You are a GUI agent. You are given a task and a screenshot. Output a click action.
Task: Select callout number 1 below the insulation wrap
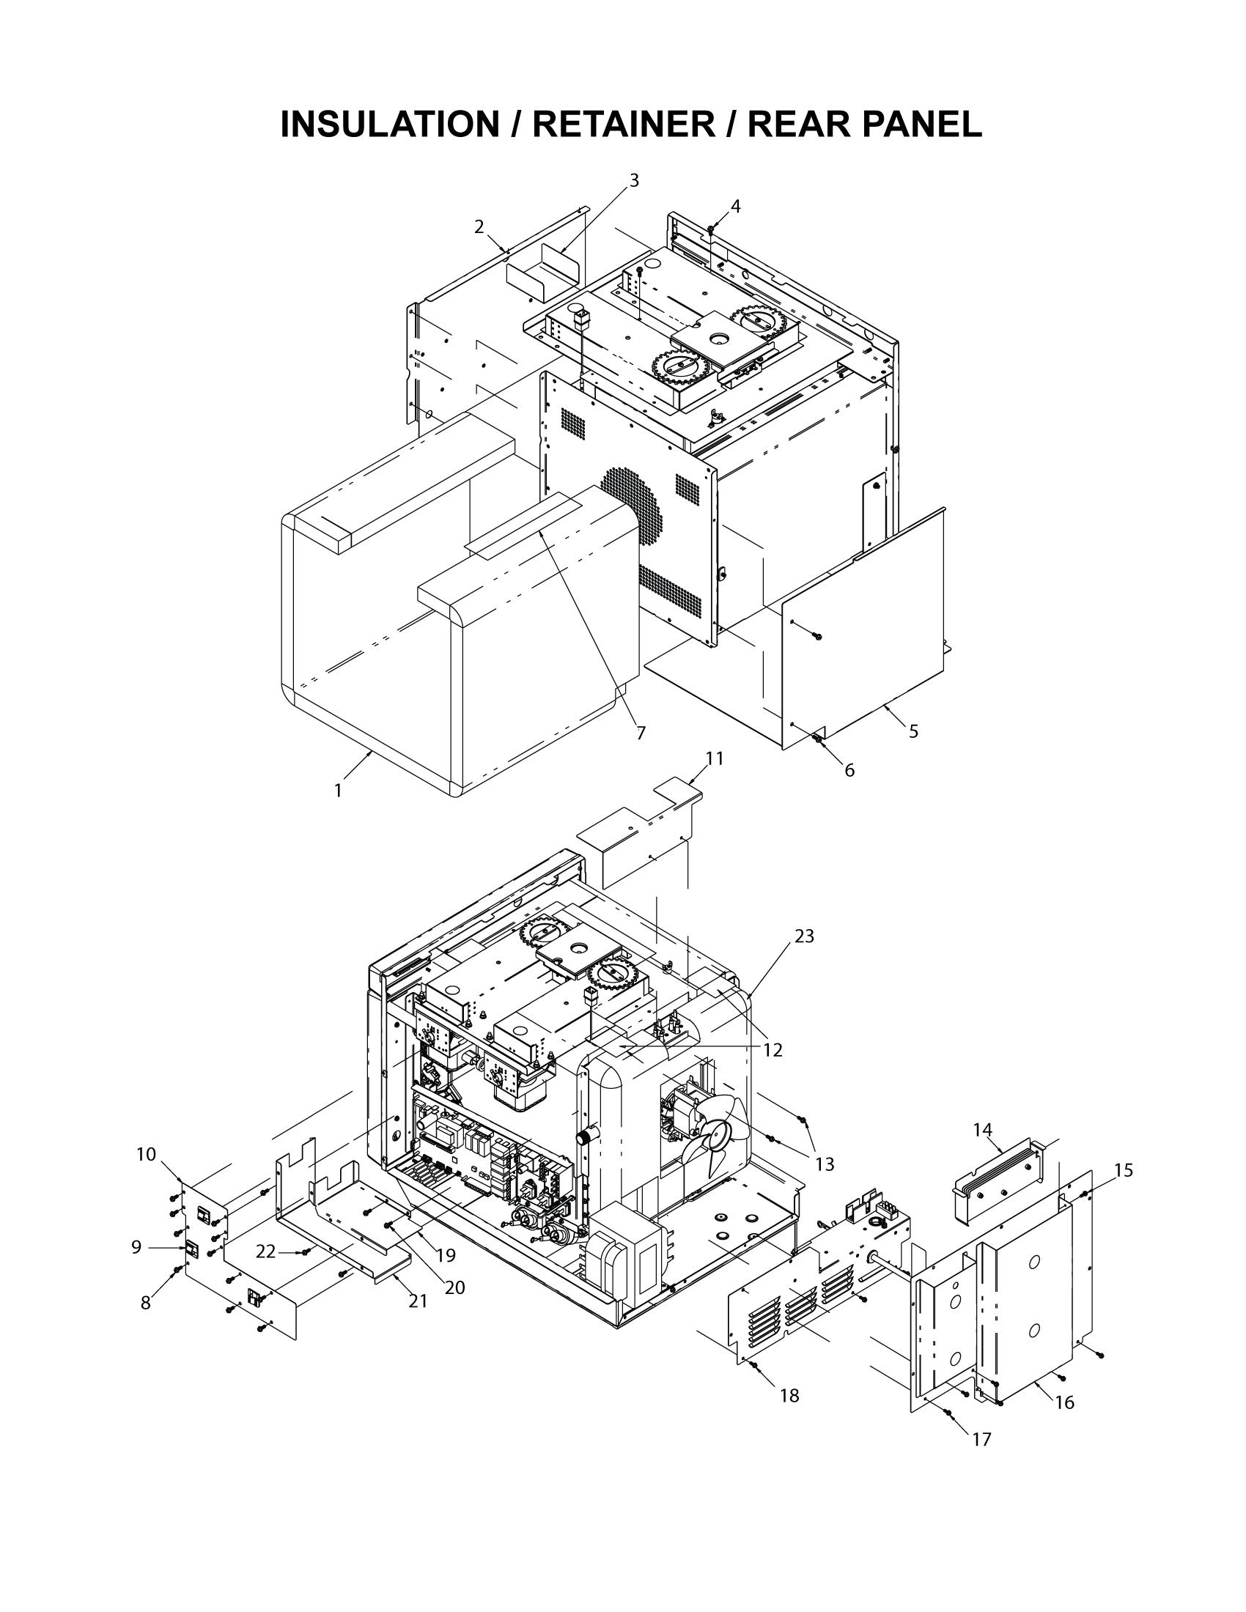pos(338,791)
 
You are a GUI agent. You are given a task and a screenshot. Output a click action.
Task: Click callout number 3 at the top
pos(633,180)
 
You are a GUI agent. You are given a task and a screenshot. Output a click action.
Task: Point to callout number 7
pos(641,733)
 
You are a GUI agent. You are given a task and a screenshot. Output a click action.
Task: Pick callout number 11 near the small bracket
pos(715,759)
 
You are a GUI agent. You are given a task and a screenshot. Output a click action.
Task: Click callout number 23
pos(805,936)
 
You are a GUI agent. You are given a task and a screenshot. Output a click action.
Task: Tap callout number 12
pos(772,1049)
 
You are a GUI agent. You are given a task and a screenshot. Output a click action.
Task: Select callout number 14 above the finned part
pos(982,1129)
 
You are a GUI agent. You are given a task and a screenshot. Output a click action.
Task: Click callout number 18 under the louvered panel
pos(789,1396)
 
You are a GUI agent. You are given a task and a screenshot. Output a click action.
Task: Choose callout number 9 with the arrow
pos(136,1246)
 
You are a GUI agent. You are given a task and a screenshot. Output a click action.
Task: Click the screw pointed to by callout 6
pos(817,738)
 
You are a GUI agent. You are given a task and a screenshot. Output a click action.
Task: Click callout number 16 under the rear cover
pos(1064,1402)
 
